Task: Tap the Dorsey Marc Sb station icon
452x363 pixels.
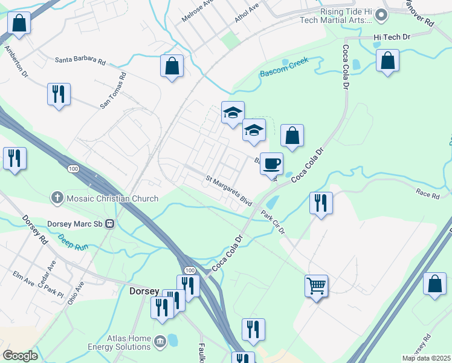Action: tap(109, 223)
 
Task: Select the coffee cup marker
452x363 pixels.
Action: tap(272, 163)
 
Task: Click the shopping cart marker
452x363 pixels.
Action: tap(317, 285)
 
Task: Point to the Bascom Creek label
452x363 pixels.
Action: tap(284, 67)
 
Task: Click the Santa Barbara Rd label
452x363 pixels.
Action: tap(80, 61)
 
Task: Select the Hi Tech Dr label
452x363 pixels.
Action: tap(392, 38)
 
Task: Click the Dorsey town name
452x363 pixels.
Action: tap(144, 291)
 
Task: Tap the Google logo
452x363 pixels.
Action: tap(20, 355)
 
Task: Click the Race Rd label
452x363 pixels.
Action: tap(427, 194)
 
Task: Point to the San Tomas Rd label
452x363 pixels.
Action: tap(113, 90)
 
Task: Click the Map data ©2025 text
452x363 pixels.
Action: tap(425, 358)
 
